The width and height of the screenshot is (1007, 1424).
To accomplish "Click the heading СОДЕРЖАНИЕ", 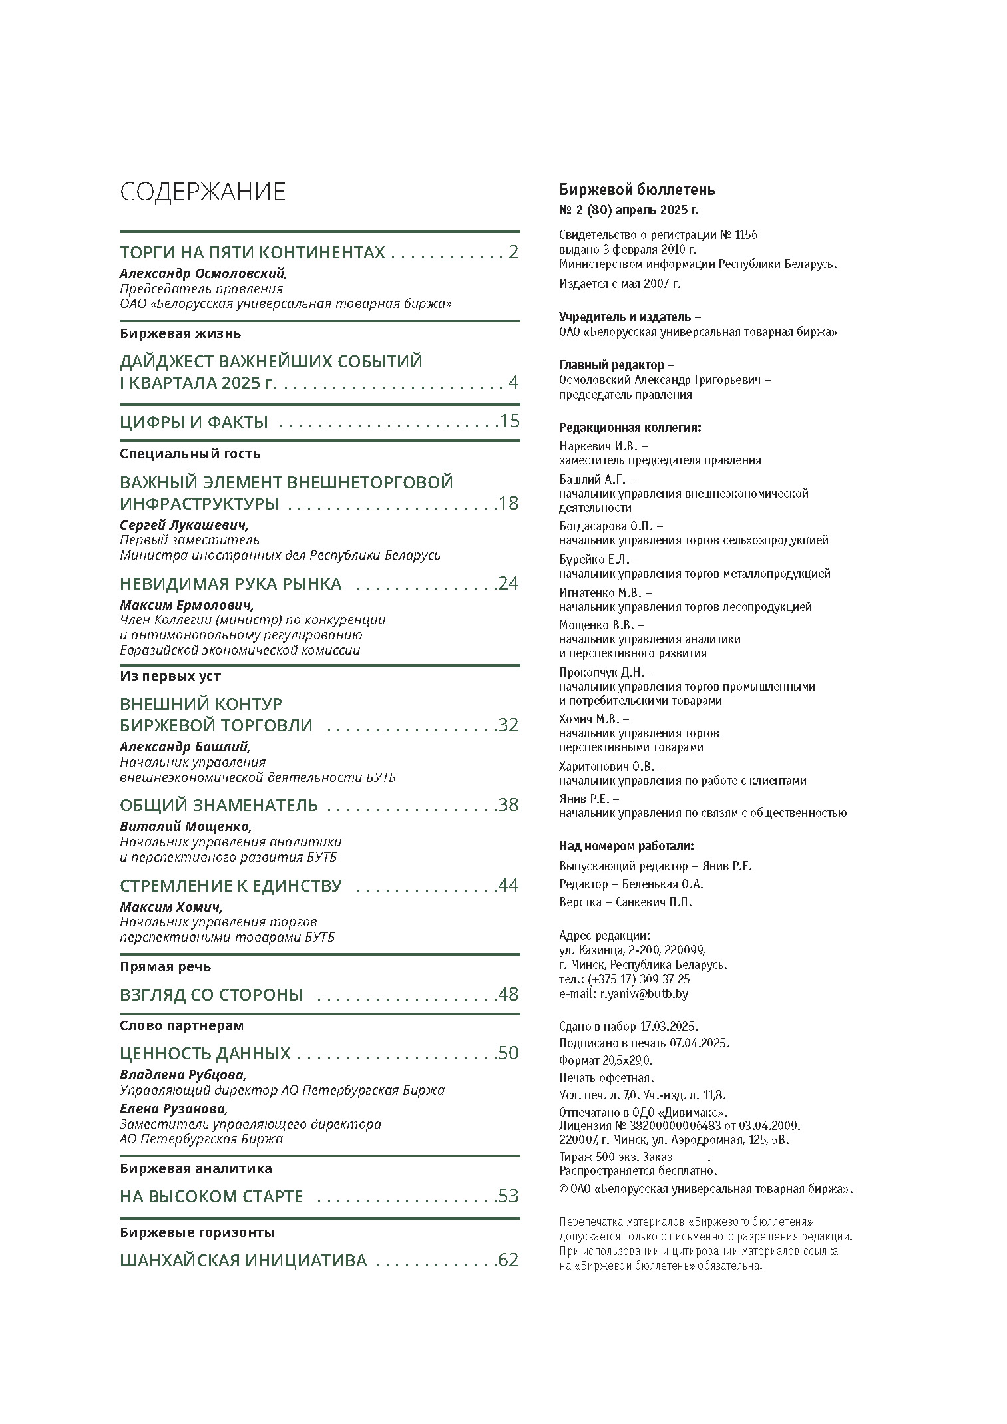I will (202, 192).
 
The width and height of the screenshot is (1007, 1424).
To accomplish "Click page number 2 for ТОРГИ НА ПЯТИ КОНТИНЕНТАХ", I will (512, 252).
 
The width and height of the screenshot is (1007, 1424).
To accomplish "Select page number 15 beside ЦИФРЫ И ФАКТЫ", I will (509, 421).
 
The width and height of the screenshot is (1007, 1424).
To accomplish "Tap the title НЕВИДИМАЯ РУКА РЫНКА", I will (230, 584).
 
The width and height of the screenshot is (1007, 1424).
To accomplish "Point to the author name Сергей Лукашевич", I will (184, 525).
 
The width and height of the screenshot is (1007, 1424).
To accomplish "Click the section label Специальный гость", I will (190, 454).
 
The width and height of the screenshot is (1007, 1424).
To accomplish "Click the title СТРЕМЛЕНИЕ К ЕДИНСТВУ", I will (230, 886).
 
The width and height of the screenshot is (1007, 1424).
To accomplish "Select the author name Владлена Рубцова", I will (183, 1075).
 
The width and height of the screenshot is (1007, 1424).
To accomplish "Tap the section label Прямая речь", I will (165, 966).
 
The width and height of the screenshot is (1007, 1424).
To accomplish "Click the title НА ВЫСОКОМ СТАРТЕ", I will (211, 1196).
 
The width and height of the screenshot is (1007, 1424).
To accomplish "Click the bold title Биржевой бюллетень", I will (637, 190).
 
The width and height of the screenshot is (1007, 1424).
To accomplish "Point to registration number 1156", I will (747, 235).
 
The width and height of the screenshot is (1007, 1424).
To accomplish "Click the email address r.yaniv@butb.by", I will (644, 994).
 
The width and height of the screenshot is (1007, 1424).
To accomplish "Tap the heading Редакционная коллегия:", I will (630, 427).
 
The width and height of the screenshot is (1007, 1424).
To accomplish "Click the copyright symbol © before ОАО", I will (563, 1189).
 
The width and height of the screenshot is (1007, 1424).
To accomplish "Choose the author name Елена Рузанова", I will (174, 1109).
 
